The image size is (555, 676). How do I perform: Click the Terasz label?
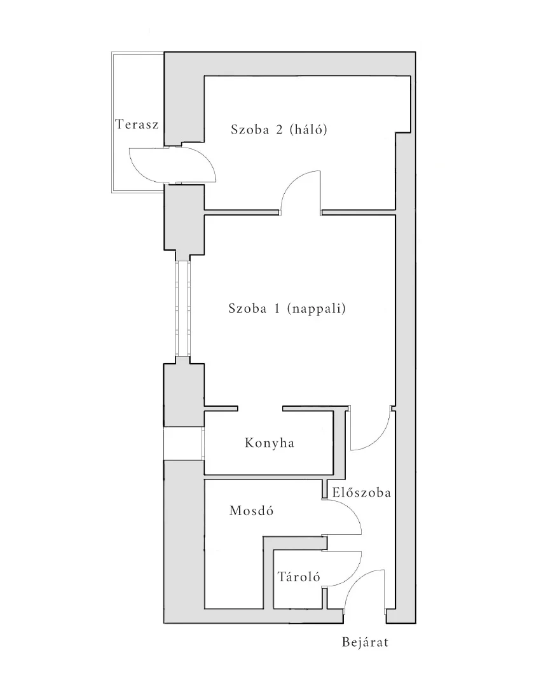137,124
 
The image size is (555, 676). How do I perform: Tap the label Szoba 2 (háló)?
279,129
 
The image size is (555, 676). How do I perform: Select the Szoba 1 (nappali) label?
287,308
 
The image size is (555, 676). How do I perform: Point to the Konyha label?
270,443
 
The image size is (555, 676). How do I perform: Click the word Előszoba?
362,492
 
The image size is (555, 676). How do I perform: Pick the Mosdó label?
252,511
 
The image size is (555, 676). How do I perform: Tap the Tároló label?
299,576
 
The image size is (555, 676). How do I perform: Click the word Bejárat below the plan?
365,642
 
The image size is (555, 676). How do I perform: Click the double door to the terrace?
172,165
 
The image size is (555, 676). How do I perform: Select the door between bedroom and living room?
300,192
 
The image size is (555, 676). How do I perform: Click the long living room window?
182,308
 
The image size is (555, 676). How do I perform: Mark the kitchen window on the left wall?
182,443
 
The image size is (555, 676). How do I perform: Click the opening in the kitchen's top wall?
260,408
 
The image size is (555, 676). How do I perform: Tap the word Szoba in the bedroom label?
250,129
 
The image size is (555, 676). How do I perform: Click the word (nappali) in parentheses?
317,309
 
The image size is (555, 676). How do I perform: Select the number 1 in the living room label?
277,308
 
